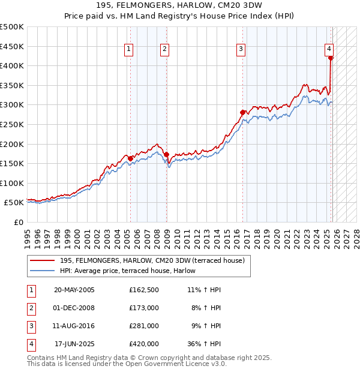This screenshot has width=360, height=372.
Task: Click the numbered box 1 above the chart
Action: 130,50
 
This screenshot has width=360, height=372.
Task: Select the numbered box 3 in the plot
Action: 241,50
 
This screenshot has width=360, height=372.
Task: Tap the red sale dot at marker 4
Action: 331,58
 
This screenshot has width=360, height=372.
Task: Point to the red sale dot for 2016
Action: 242,112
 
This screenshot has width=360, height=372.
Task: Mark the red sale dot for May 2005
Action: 130,158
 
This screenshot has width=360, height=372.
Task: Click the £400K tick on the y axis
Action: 12,66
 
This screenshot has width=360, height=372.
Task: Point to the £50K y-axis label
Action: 14,203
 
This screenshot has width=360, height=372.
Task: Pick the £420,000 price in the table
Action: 144,344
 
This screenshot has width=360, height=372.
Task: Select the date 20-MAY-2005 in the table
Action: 74,290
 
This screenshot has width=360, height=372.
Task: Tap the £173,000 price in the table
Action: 144,308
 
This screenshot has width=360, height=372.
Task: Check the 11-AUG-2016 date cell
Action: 74,326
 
